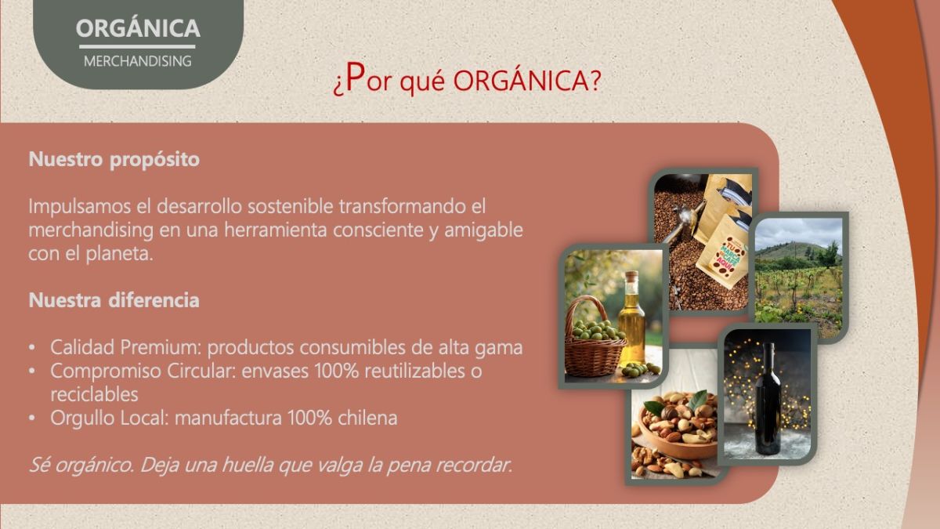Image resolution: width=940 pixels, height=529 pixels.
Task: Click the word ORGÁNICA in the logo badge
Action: pos(138,27)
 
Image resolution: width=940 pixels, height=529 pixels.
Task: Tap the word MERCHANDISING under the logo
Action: pos(138,61)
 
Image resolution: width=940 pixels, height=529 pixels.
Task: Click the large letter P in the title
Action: pos(355,77)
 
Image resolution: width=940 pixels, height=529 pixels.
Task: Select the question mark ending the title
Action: pos(595,80)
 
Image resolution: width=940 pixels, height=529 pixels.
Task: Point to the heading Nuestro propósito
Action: pos(114,160)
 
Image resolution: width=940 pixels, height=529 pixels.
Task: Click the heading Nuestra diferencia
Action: pos(114,300)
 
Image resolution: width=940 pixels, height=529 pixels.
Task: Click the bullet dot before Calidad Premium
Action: pos(32,348)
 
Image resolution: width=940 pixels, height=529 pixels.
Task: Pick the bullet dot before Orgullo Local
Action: pos(32,418)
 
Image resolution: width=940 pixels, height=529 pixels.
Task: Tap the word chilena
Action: pos(367,418)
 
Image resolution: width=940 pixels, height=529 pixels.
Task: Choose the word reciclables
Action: pos(94,394)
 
